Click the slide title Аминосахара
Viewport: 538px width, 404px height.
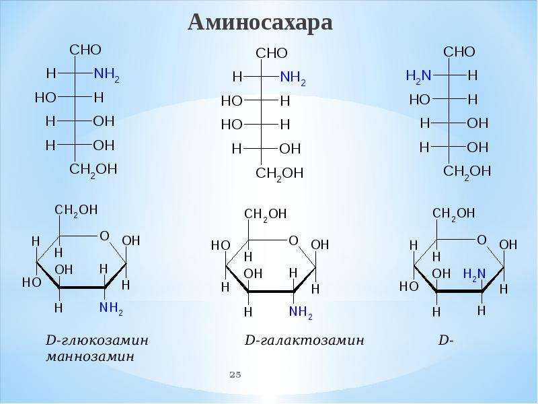pyautogui.click(x=260, y=23)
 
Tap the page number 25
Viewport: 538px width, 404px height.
pyautogui.click(x=235, y=374)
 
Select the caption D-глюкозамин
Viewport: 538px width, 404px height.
pyautogui.click(x=97, y=341)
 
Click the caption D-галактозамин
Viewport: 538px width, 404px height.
pyautogui.click(x=305, y=341)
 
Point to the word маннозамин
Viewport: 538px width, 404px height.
pyautogui.click(x=90, y=357)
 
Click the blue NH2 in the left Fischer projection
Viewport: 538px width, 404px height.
pyautogui.click(x=107, y=75)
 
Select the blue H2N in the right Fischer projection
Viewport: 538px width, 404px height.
pyautogui.click(x=418, y=76)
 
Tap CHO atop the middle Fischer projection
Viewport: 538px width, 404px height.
pyautogui.click(x=272, y=53)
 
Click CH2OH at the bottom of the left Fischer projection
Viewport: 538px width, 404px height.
pyautogui.click(x=93, y=170)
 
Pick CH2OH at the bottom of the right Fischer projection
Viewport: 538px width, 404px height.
pyautogui.click(x=467, y=172)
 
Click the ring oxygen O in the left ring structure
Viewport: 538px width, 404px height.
pyautogui.click(x=104, y=236)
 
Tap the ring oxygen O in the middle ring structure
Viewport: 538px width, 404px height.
pyautogui.click(x=293, y=240)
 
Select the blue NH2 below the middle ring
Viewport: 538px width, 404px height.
pyautogui.click(x=301, y=312)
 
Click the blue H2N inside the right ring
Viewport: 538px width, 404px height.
pyautogui.click(x=475, y=275)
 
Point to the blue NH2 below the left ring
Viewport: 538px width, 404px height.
pyautogui.click(x=111, y=308)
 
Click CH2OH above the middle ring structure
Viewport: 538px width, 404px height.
pyautogui.click(x=266, y=215)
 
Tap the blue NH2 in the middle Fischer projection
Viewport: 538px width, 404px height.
pyautogui.click(x=293, y=78)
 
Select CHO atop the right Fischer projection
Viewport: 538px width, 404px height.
pyautogui.click(x=459, y=52)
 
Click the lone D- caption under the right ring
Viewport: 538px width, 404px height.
pyautogui.click(x=446, y=341)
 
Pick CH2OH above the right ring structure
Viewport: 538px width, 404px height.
pyautogui.click(x=453, y=213)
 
